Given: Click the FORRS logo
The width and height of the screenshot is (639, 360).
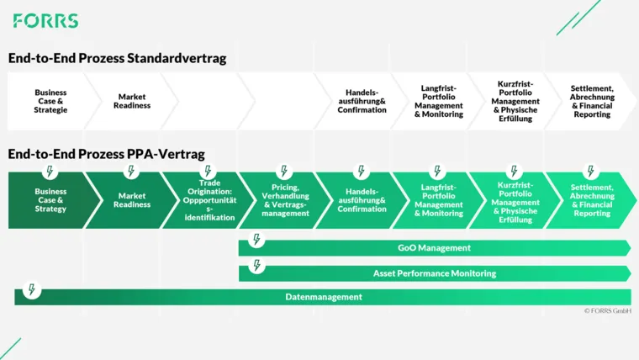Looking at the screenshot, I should click(46, 21).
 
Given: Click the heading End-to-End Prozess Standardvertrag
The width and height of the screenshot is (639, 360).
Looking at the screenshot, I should click(117, 59).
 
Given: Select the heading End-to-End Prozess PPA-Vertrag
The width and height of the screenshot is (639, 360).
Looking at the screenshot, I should click(106, 155).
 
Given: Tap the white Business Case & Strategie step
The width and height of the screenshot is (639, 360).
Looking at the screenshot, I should click(50, 101).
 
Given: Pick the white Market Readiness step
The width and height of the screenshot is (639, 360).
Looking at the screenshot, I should click(132, 101).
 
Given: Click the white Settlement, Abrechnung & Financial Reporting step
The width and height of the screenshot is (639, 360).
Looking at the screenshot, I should click(592, 101).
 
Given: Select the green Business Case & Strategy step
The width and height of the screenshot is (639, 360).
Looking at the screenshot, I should click(50, 200).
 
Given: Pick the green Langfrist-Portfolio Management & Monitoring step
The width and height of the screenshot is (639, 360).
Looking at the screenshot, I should click(438, 200).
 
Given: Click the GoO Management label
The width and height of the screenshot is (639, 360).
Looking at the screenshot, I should click(434, 248).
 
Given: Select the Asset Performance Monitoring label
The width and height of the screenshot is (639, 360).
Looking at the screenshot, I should click(434, 273).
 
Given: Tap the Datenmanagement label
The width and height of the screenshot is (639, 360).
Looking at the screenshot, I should click(324, 297).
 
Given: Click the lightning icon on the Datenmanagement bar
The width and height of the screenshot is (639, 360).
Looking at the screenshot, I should click(32, 289).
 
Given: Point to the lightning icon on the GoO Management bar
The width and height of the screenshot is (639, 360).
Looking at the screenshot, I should click(257, 241).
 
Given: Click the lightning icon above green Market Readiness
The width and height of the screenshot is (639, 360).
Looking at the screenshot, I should click(131, 172).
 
